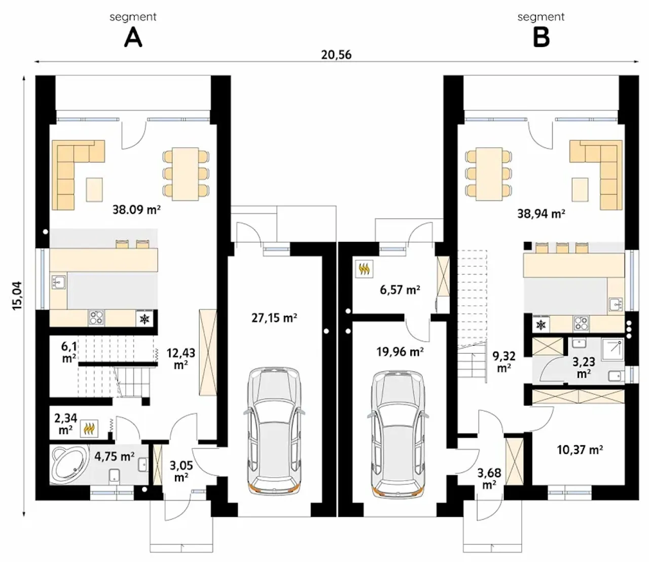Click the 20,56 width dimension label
point(336,55)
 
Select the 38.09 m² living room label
point(136,210)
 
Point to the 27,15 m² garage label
point(274,318)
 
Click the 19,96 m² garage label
point(400,352)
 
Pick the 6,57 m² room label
point(400,290)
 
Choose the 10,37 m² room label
point(580,450)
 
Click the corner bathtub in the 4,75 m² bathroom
point(69,464)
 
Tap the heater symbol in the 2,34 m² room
point(89,428)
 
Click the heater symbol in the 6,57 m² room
point(364,269)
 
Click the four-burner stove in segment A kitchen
point(96,317)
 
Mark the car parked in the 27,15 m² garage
point(274,429)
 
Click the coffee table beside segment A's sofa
point(94,189)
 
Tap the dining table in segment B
point(488,174)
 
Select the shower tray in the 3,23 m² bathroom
point(612,349)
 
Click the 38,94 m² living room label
point(542,214)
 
